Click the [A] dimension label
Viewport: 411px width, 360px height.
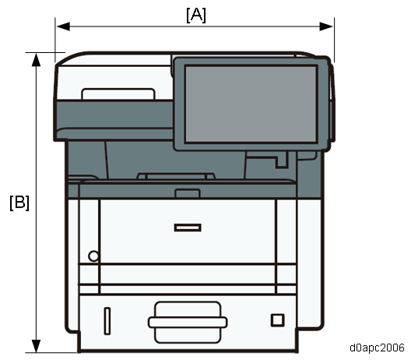tap(196, 16)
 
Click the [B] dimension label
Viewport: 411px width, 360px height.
tap(19, 203)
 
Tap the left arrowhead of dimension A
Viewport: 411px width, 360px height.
tap(63, 26)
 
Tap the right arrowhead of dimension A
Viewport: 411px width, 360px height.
tap(326, 26)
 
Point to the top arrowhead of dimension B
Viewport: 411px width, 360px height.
tap(36, 59)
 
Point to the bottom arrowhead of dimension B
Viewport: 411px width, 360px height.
tap(36, 346)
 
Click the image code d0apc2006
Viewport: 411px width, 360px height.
tap(377, 348)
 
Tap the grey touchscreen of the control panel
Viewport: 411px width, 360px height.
tap(251, 104)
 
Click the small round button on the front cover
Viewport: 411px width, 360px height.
tap(93, 256)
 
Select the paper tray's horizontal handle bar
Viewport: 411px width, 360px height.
tap(188, 323)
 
